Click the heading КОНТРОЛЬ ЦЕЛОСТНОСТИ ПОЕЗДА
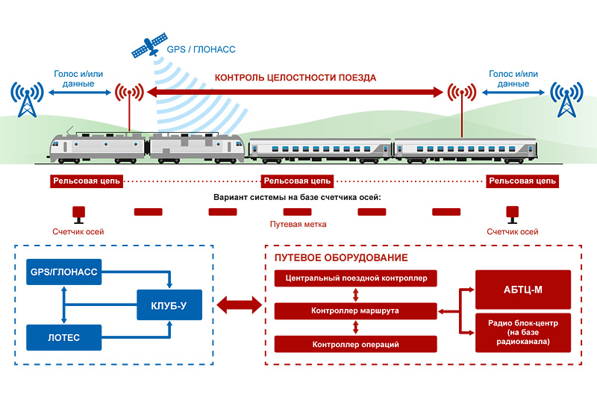[x=296, y=78]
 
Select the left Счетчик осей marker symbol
[x=78, y=213]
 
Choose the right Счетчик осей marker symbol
[x=513, y=213]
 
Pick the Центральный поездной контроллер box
[x=356, y=279]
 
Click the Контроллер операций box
[x=356, y=344]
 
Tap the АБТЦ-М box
[x=523, y=287]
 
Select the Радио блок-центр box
[x=523, y=331]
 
